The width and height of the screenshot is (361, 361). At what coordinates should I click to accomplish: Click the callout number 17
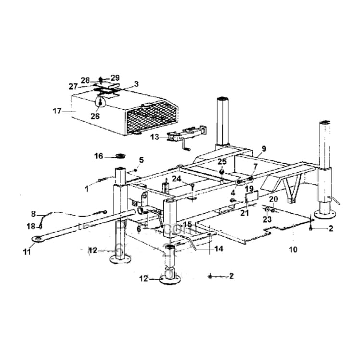click(x=57, y=111)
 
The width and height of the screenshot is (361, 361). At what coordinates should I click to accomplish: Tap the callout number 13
click(x=155, y=137)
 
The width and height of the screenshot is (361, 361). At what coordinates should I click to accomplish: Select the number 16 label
click(x=99, y=156)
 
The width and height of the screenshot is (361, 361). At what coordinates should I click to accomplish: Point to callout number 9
click(x=263, y=149)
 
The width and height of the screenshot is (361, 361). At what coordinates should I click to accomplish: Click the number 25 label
click(x=221, y=161)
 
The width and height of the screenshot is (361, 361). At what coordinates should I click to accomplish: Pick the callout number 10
click(x=293, y=250)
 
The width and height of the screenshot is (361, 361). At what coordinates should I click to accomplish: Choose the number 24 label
click(x=177, y=179)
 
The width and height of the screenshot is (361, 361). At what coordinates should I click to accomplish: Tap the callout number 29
click(x=115, y=77)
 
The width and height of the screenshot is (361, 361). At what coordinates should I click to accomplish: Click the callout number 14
click(x=219, y=249)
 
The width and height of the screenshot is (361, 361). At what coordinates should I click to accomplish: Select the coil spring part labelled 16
click(x=119, y=155)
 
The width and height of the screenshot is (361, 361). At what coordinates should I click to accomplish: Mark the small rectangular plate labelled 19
click(x=252, y=197)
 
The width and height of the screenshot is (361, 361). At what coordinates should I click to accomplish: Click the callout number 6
click(x=139, y=230)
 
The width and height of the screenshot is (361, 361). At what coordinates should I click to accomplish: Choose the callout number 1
click(x=87, y=189)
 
